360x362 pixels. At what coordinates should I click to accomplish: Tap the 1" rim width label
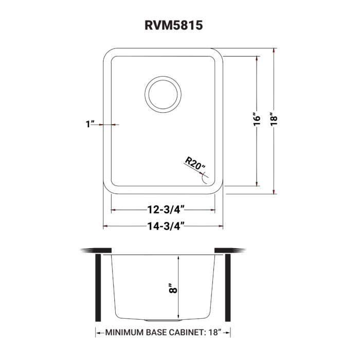(x=91, y=125)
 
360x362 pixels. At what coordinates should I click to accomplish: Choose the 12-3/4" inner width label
(x=163, y=210)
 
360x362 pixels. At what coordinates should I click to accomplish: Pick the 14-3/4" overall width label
(x=163, y=226)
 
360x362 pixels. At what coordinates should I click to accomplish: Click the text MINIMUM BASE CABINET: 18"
(x=163, y=333)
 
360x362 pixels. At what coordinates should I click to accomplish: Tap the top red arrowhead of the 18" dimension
(x=274, y=50)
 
